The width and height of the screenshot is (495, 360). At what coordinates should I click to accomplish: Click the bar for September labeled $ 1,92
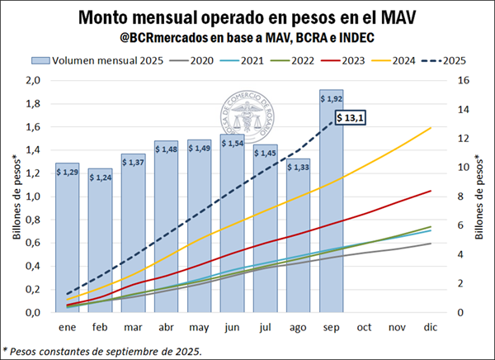point(330,202)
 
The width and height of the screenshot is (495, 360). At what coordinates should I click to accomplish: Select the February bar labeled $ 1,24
point(101,239)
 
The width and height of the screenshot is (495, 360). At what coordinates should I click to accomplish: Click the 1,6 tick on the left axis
point(32,126)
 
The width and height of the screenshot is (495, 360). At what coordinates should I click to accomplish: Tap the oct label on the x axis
point(363,327)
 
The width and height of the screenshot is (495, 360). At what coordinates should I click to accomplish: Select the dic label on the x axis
point(428,327)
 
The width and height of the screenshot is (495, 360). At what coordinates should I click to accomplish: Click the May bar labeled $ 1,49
point(200,227)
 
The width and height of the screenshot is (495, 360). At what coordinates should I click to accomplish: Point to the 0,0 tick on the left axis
point(32,313)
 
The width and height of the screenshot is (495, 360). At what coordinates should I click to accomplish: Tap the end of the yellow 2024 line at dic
point(431,128)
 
